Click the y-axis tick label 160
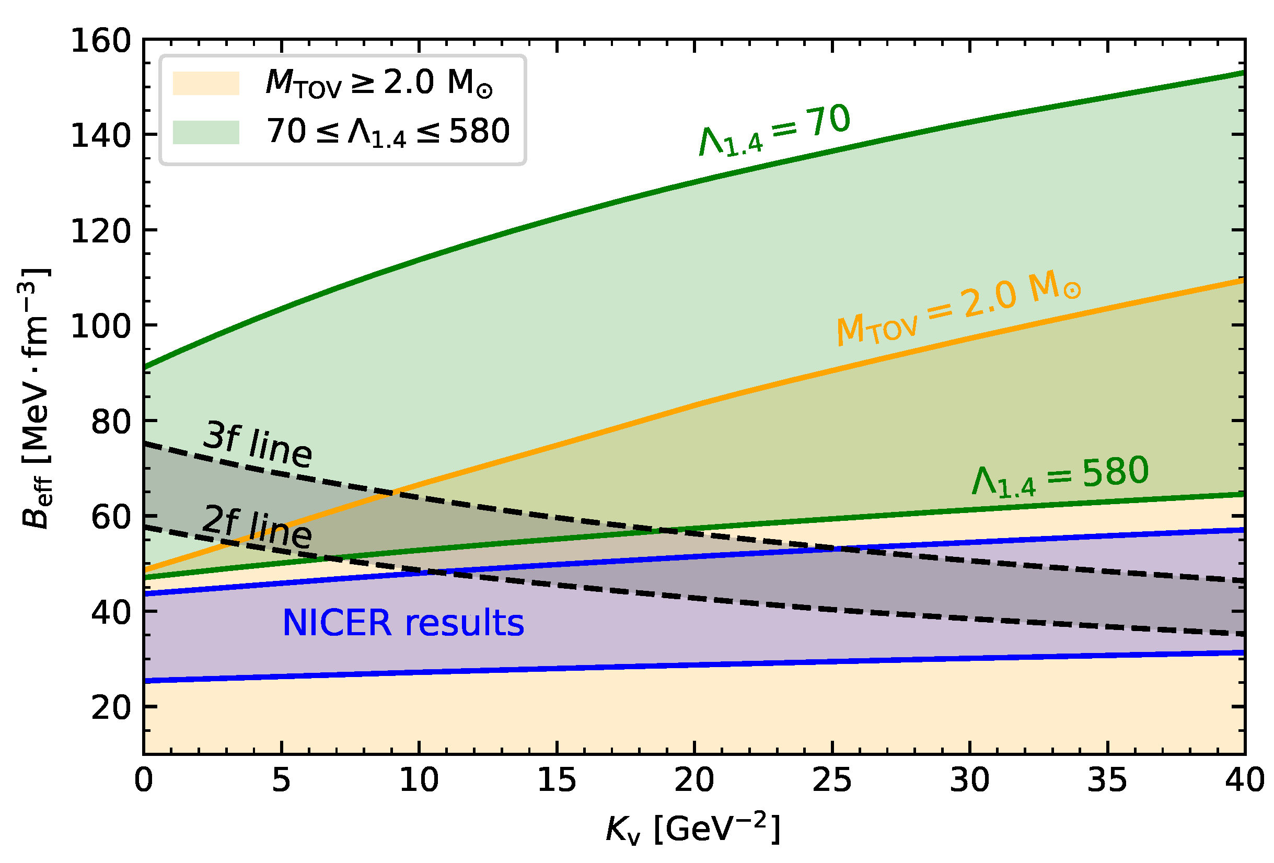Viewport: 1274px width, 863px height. (101, 42)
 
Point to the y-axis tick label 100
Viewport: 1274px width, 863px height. (101, 327)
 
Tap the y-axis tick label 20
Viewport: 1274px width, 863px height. (111, 708)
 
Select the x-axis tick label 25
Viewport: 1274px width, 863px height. (832, 780)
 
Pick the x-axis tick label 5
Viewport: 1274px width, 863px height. (281, 780)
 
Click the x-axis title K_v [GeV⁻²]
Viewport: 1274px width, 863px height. (693, 829)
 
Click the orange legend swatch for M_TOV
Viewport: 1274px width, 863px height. (206, 83)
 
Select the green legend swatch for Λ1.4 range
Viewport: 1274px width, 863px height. (206, 132)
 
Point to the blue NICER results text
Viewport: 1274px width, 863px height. (403, 624)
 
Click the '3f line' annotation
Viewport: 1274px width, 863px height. (258, 444)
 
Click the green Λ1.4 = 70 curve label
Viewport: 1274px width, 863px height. (774, 131)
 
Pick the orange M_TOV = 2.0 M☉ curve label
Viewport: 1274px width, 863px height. (958, 310)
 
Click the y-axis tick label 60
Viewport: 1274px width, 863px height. (111, 517)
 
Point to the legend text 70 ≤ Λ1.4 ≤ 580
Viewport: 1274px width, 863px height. (388, 132)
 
